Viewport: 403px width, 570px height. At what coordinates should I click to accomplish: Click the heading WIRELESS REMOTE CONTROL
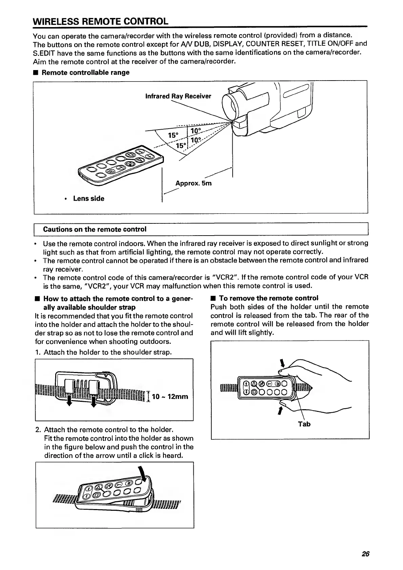(100, 21)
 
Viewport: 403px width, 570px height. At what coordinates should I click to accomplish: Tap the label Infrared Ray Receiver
(178, 96)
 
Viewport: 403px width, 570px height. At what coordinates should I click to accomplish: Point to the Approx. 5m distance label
(193, 183)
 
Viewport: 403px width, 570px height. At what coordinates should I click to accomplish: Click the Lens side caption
(88, 199)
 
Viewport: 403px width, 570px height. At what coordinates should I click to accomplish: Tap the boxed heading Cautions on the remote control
(94, 229)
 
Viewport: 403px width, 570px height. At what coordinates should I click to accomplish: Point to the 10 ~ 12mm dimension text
(170, 396)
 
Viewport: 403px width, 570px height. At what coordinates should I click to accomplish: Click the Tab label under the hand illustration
(304, 424)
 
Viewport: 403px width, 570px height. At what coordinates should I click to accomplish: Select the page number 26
(365, 554)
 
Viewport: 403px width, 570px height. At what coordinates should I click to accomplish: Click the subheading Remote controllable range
(85, 72)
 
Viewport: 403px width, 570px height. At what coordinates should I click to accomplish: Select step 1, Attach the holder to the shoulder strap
(103, 352)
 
